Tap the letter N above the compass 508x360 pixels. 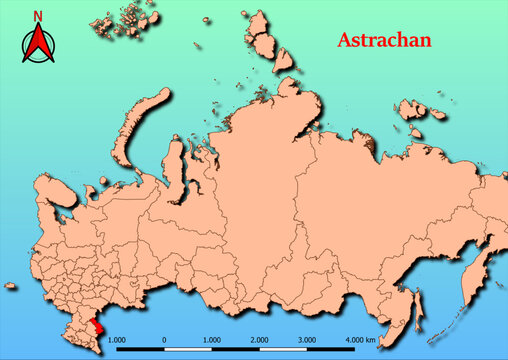click(37, 16)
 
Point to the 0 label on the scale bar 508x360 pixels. click(164, 340)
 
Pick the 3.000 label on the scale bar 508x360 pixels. click(308, 340)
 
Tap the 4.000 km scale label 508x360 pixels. click(361, 340)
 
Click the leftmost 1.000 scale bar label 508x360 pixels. click(116, 340)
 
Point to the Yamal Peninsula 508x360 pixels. click(173, 160)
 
